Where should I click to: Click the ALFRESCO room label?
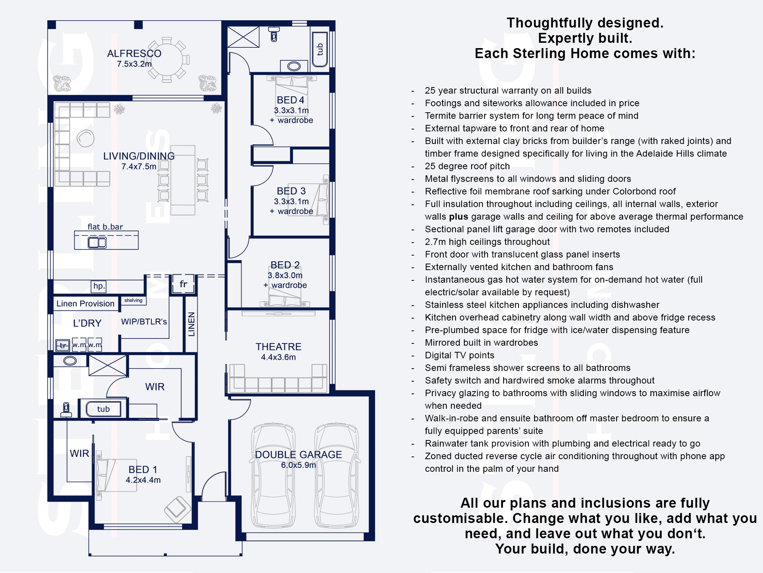(134, 53)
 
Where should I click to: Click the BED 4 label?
(291, 100)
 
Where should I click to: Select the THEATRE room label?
(278, 347)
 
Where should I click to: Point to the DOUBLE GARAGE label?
(298, 455)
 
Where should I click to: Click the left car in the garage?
(273, 476)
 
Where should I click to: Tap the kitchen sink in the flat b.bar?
(97, 243)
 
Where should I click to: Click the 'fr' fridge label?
(184, 284)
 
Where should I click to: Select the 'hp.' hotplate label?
(99, 286)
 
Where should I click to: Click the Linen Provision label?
(85, 304)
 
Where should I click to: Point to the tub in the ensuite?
(103, 409)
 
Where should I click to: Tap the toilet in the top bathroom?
(274, 34)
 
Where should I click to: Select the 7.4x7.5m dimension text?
(139, 167)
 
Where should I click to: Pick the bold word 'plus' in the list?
(459, 217)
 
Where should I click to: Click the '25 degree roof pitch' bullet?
(467, 166)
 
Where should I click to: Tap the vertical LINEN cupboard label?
(192, 324)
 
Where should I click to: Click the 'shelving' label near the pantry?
(133, 300)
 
